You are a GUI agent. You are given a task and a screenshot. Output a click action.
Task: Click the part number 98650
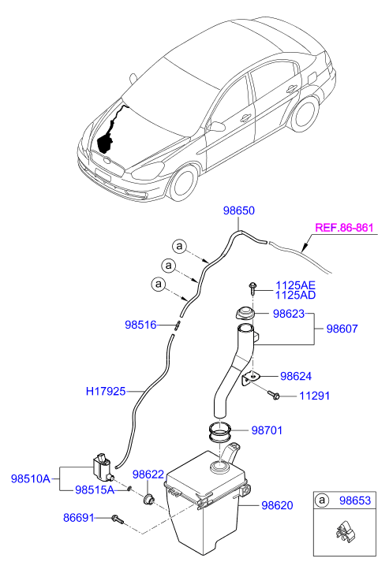click(238, 211)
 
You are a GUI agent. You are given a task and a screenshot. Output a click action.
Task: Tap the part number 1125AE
click(294, 285)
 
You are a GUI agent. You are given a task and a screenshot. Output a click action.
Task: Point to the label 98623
click(289, 313)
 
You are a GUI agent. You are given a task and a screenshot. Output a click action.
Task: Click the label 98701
click(267, 430)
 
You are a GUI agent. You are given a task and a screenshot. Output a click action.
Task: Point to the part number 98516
click(140, 324)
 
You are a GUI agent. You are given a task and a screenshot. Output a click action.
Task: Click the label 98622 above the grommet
click(148, 474)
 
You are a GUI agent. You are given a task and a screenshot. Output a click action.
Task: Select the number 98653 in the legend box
click(355, 500)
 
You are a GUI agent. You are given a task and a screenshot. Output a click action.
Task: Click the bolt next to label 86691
click(118, 519)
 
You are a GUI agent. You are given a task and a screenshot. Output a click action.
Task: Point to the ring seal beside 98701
click(220, 431)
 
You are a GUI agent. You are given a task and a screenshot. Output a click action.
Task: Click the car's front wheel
click(184, 180)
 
